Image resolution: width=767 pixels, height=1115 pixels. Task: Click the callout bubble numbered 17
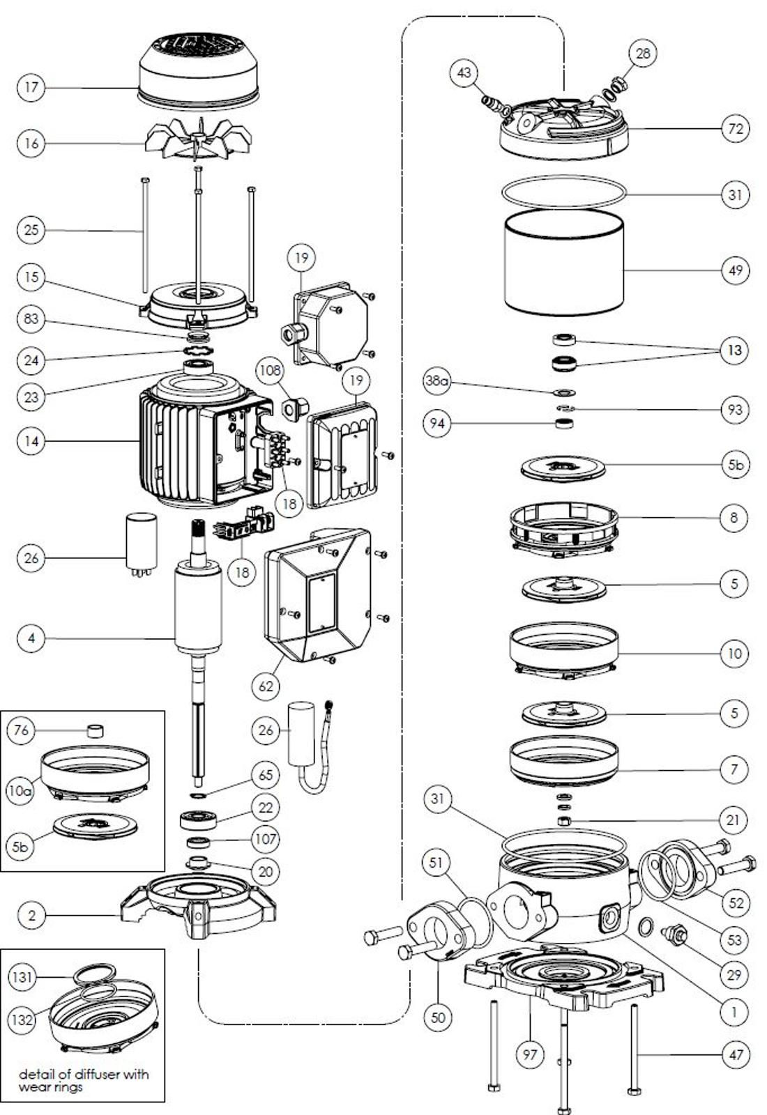[x=31, y=87]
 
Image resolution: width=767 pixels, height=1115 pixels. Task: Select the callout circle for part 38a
[x=438, y=381]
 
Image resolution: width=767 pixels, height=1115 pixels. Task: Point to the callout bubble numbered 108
[x=271, y=370]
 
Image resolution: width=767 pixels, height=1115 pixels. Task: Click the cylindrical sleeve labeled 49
[x=563, y=265]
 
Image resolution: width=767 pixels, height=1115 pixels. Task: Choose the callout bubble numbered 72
[x=735, y=129]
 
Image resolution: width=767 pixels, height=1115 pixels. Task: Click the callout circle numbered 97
[x=530, y=1054]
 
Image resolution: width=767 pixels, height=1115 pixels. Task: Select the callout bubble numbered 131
[x=22, y=977]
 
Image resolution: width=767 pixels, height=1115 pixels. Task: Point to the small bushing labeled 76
[x=95, y=731]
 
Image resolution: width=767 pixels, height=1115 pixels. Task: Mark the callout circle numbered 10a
[x=21, y=791]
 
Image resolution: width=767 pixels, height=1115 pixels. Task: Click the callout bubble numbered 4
[x=31, y=638]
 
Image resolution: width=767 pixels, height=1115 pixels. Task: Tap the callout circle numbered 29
[x=734, y=974]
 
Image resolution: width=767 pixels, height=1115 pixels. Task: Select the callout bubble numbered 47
[x=736, y=1054]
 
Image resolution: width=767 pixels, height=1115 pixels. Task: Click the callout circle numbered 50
[x=438, y=1017]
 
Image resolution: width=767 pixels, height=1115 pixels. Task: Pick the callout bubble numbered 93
[x=735, y=409]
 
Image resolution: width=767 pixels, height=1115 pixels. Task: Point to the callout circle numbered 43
[x=464, y=72]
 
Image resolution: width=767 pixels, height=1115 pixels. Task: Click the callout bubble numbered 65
[x=265, y=774]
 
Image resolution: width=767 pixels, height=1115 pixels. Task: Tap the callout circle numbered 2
[x=31, y=915]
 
